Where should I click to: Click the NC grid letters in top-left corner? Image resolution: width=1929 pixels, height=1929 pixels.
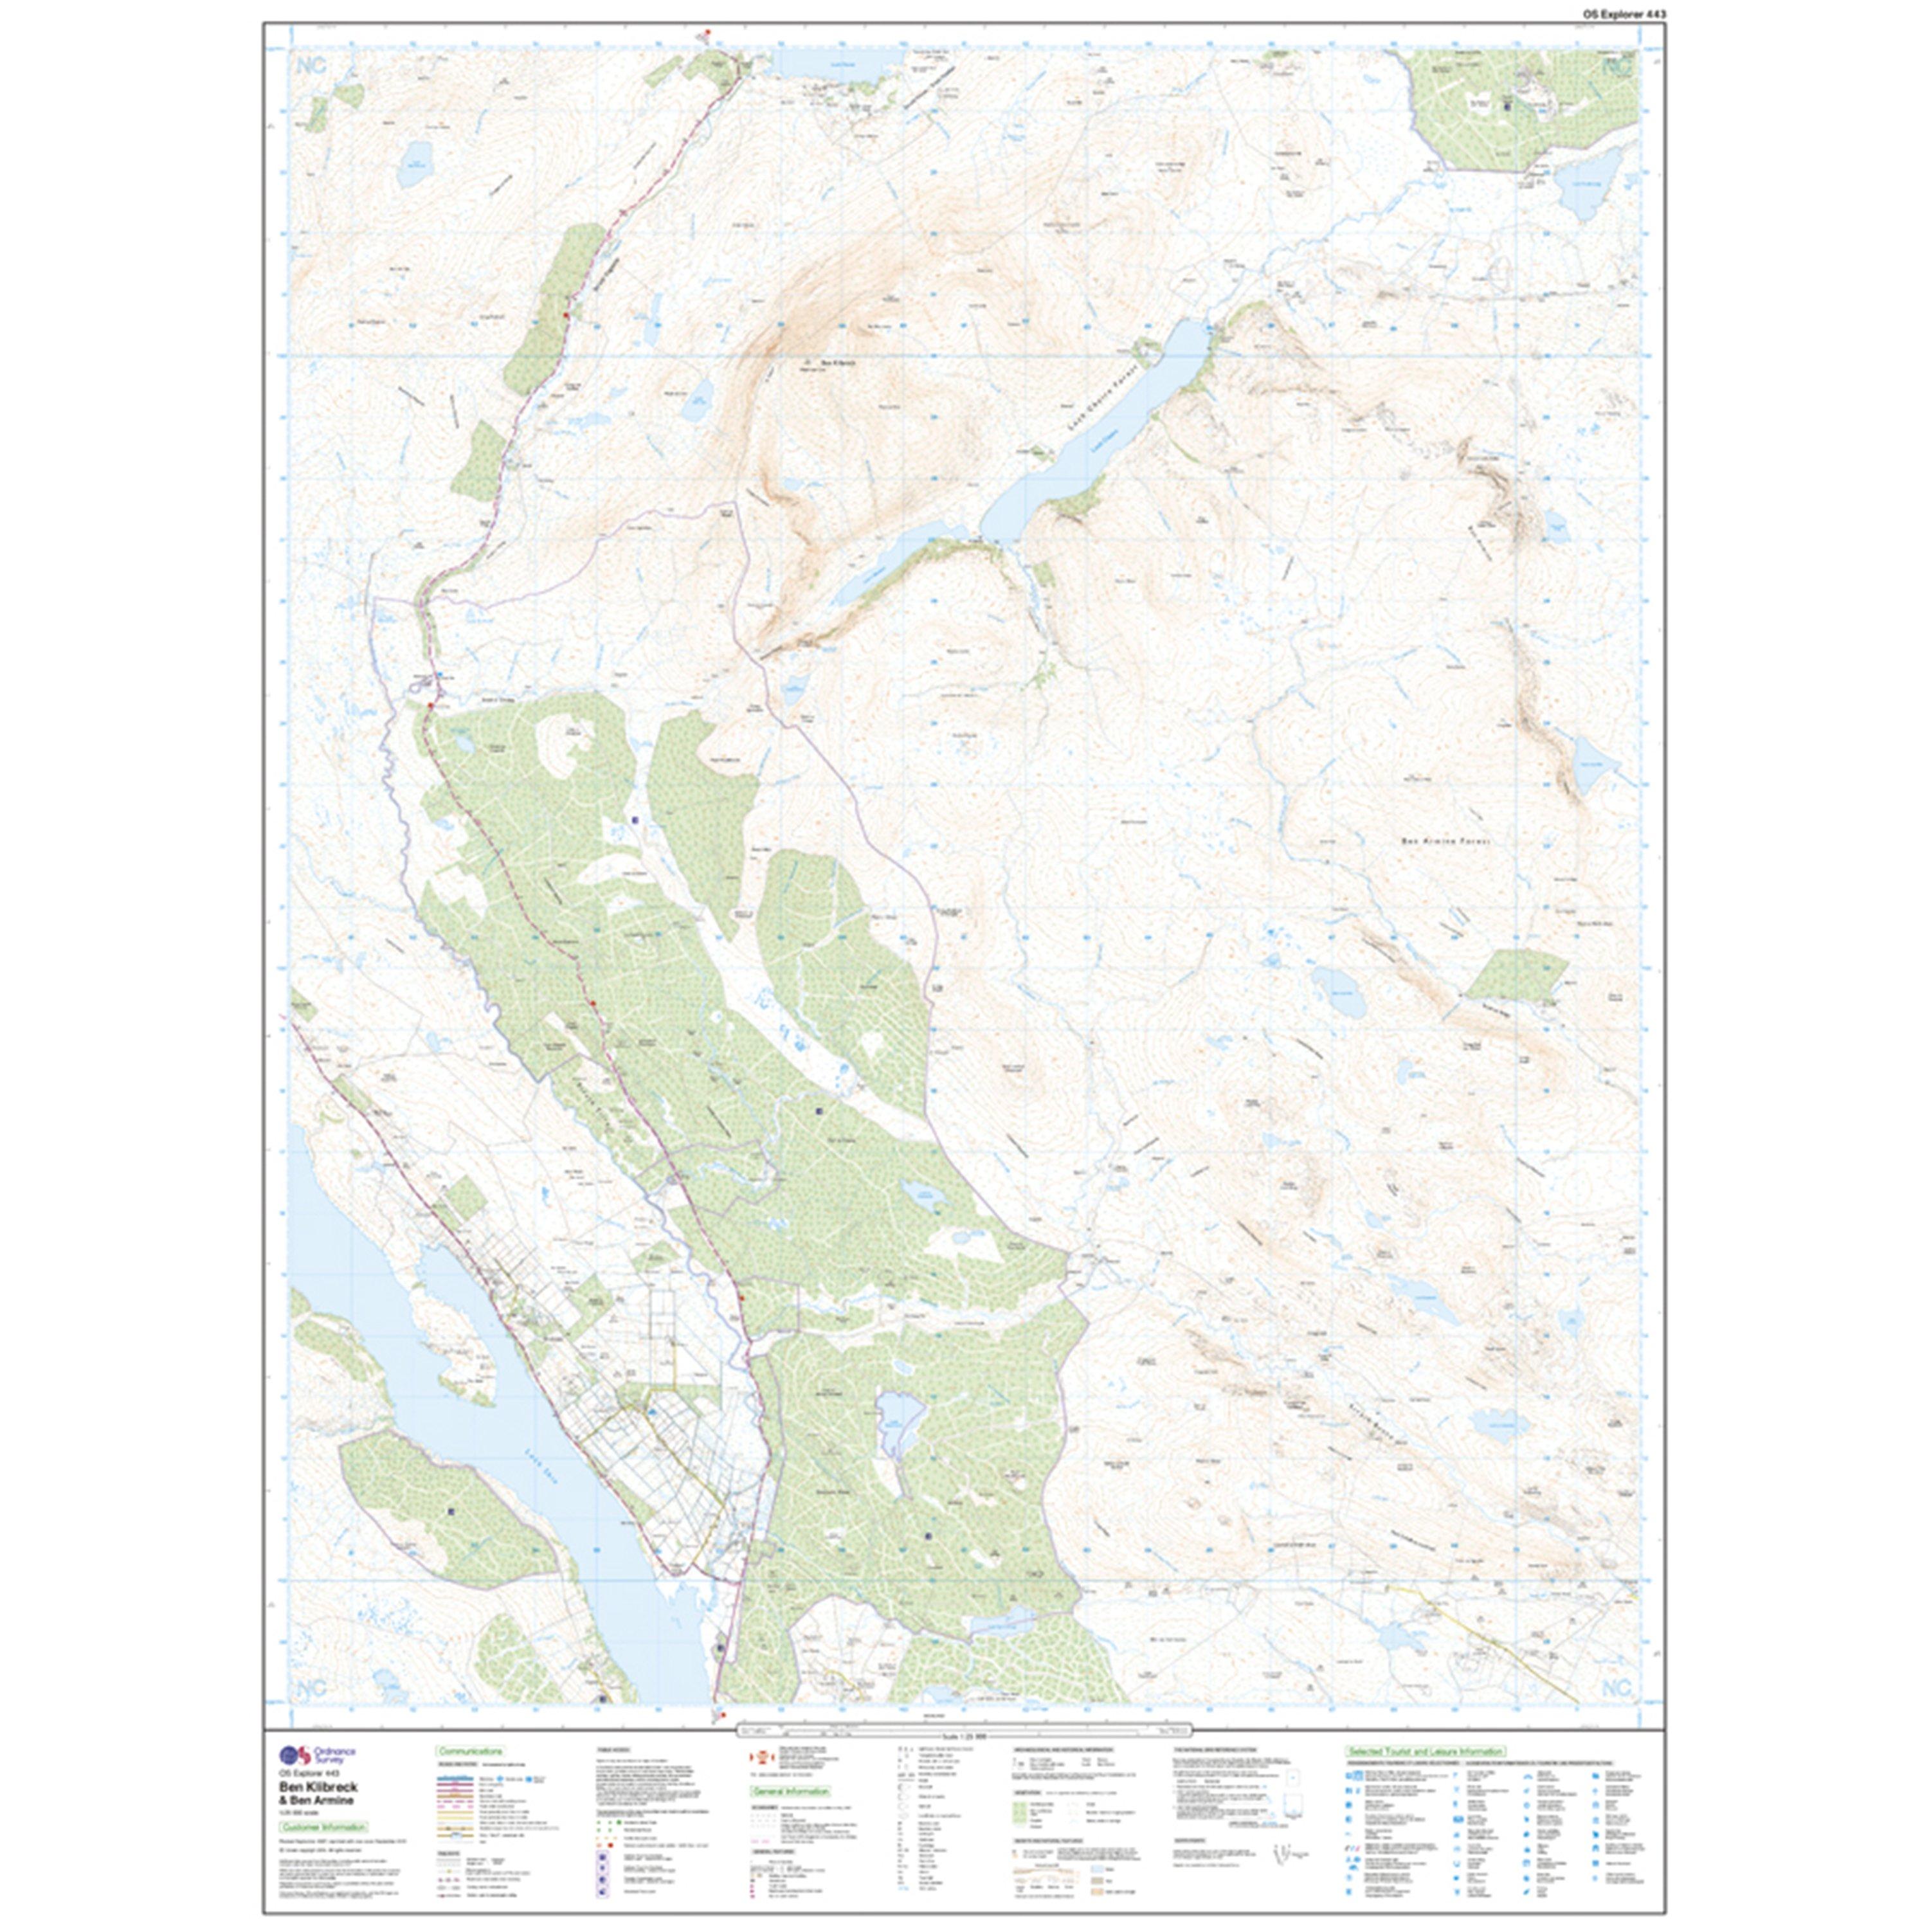311,66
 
